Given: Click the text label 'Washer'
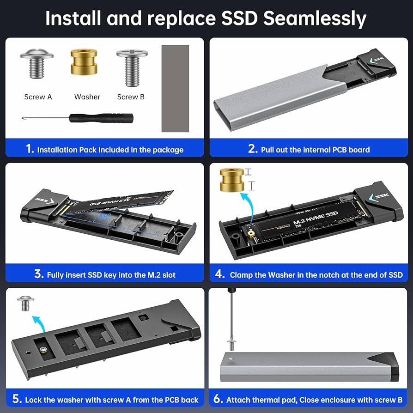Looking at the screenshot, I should pos(87,97).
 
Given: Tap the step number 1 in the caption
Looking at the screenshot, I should pos(30,149).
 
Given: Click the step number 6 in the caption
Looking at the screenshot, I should pos(219,399).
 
